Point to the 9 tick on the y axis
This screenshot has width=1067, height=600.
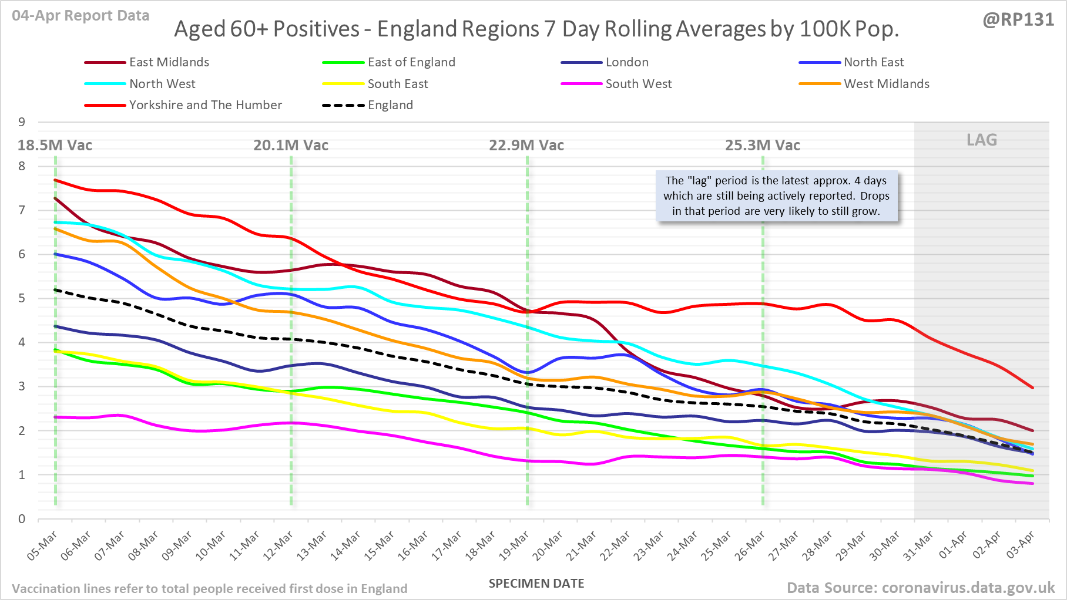[22, 122]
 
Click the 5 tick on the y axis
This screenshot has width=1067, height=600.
[22, 298]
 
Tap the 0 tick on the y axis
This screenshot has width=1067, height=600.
[22, 519]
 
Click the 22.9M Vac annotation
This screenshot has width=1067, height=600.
[526, 146]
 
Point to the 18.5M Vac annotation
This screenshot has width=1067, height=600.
[55, 146]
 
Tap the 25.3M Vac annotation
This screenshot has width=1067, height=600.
[762, 146]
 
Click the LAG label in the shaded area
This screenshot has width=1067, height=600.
[982, 140]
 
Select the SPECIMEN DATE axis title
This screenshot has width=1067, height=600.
[536, 584]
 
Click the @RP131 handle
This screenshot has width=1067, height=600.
[1018, 20]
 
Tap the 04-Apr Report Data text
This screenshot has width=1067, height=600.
[80, 16]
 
